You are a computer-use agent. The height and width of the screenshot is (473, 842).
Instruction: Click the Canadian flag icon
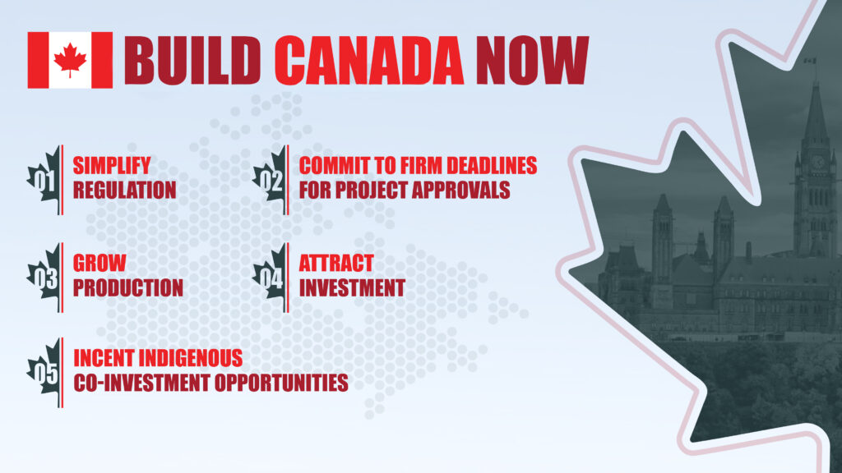[70, 60]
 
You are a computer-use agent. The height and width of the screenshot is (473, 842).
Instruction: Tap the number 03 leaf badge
[44, 278]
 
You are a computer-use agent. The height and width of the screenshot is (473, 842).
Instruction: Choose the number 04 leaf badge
[271, 278]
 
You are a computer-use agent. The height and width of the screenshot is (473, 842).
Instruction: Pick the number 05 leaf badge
[44, 372]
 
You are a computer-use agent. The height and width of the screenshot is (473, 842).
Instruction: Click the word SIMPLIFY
[112, 165]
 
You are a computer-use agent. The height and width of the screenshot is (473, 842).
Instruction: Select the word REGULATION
[125, 191]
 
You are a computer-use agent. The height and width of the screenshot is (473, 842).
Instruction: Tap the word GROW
[100, 264]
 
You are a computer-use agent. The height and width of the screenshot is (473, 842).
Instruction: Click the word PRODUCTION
[128, 288]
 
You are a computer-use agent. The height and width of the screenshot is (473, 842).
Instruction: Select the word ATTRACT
[335, 264]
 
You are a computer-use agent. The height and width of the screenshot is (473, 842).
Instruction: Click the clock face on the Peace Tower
[818, 162]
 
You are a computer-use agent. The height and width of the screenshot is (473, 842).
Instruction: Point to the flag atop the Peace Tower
[809, 60]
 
